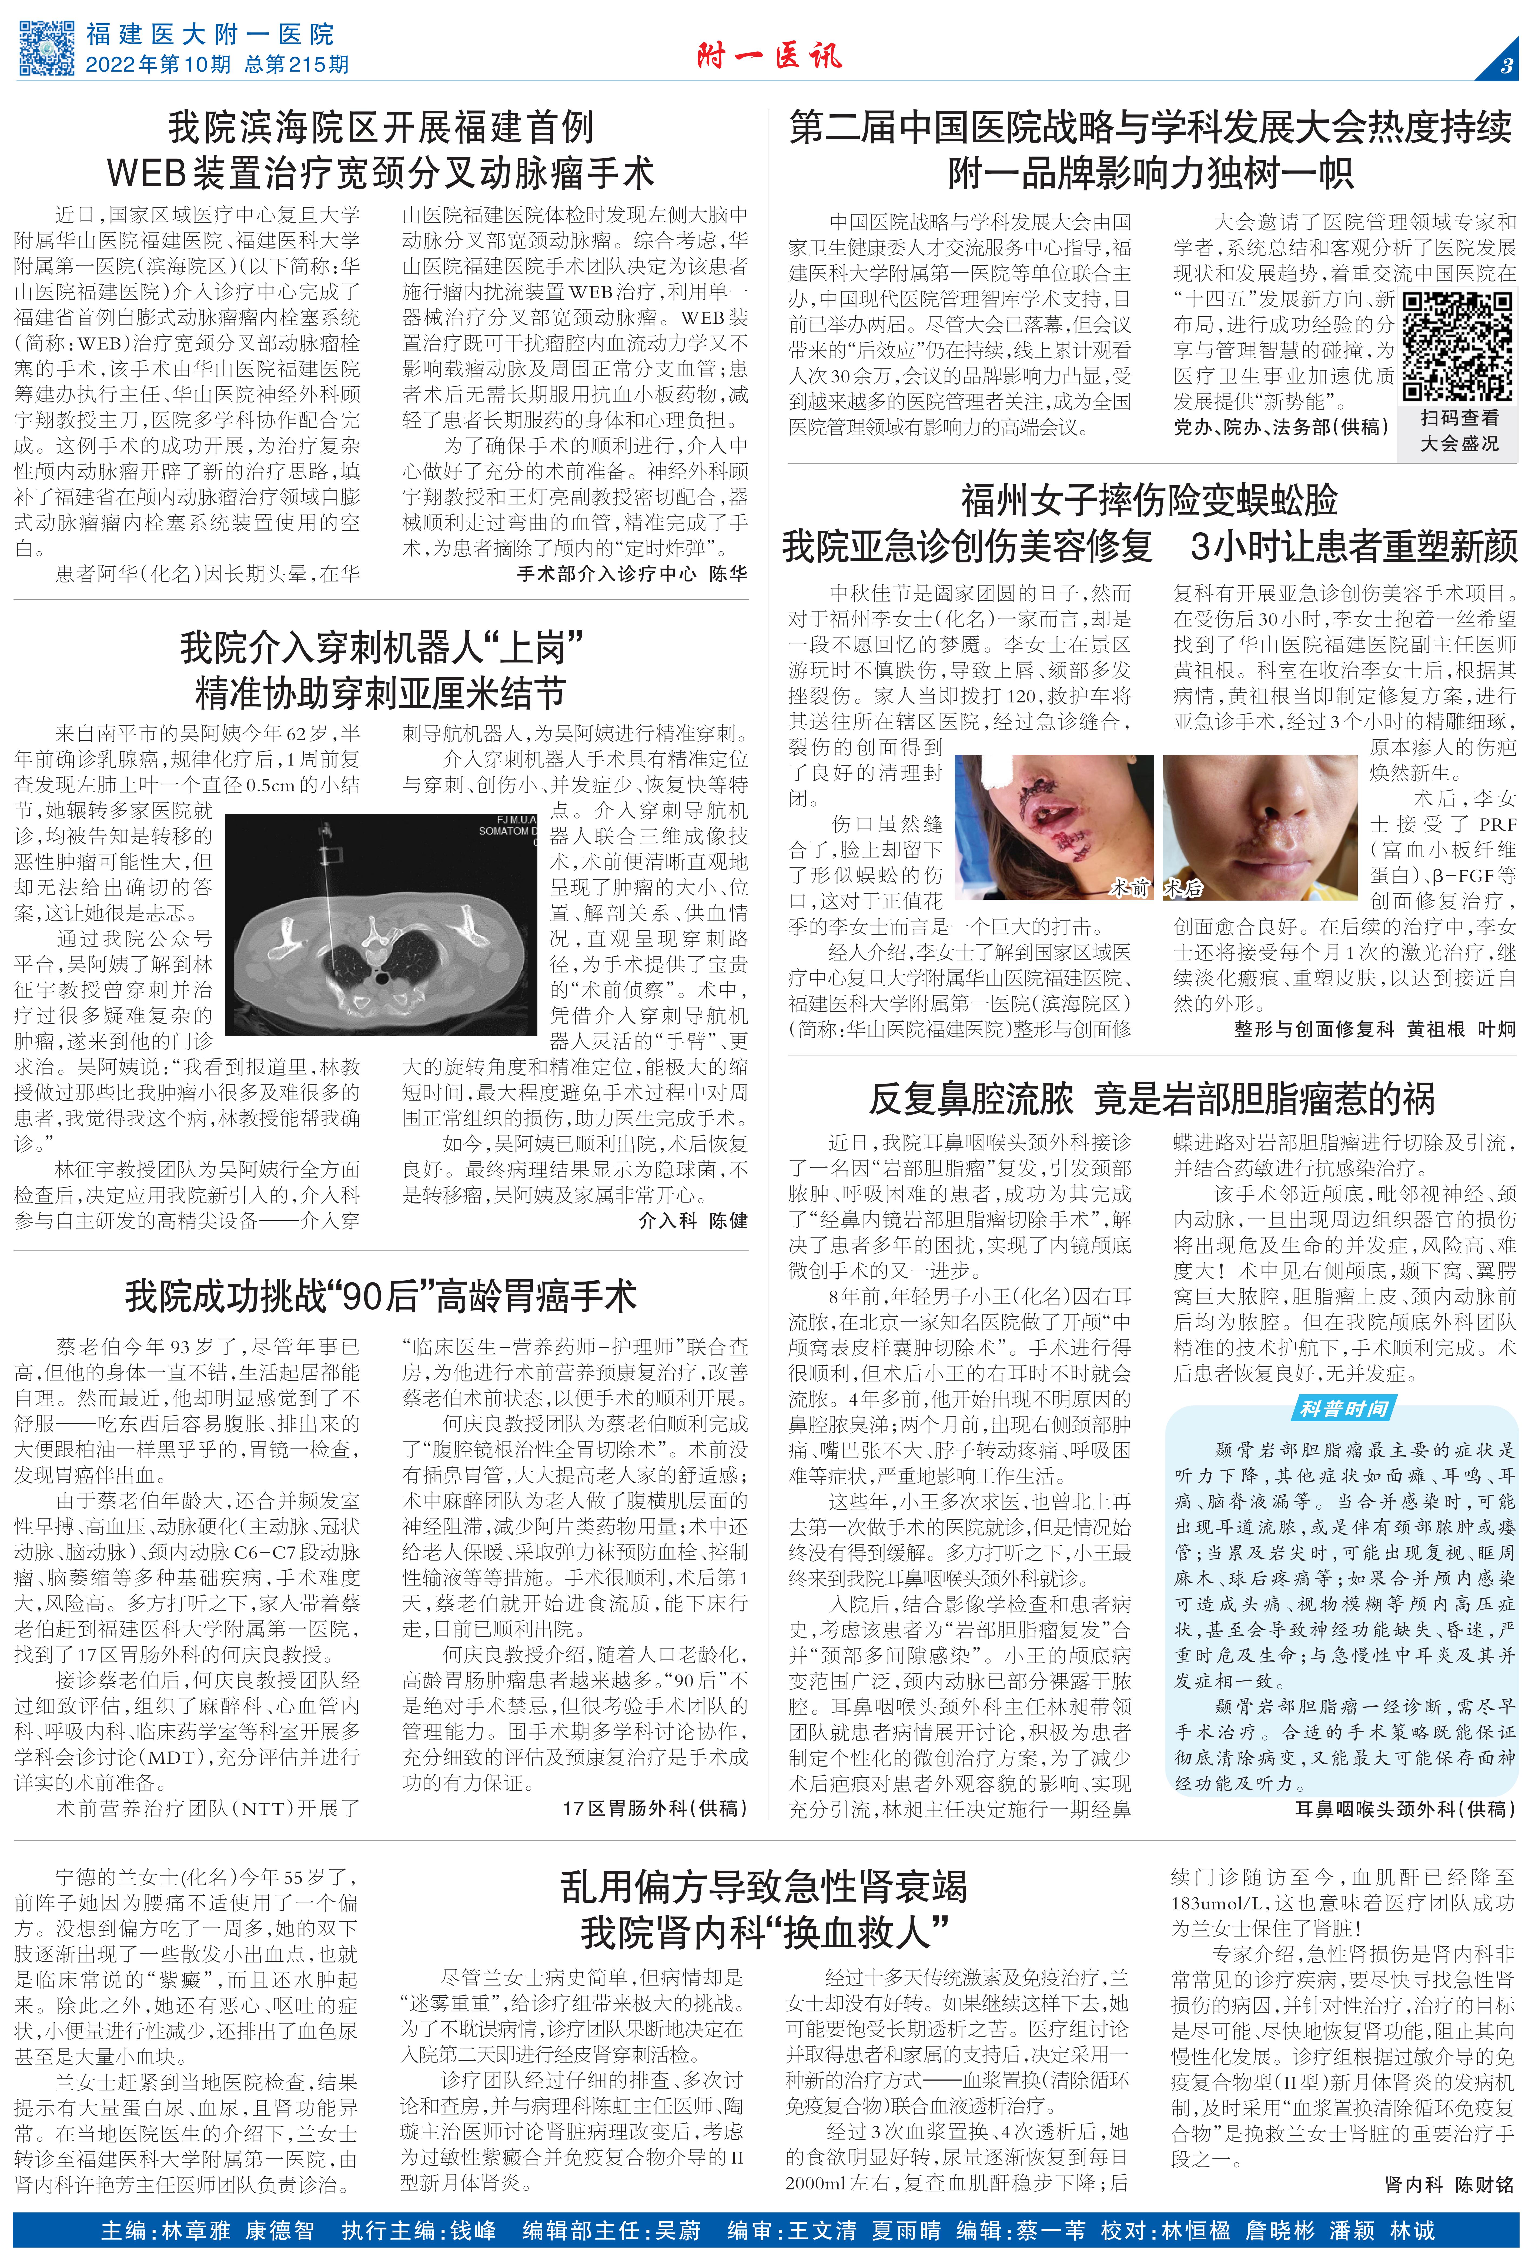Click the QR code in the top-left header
[47, 48]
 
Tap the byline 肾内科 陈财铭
[1449, 2184]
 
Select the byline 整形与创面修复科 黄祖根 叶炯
[1374, 1029]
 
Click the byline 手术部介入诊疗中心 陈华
[632, 574]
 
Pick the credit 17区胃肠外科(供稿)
[655, 1808]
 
